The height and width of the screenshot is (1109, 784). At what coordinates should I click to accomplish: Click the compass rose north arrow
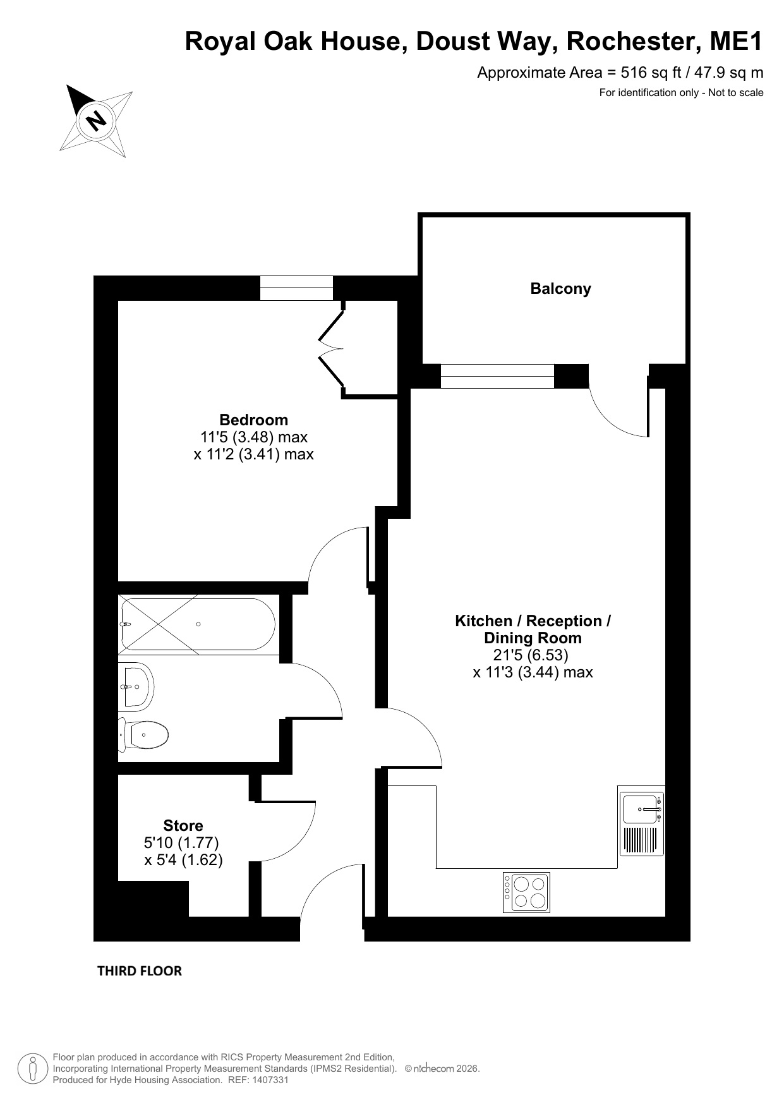click(x=96, y=121)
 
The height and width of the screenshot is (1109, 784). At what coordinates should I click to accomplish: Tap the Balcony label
click(x=560, y=289)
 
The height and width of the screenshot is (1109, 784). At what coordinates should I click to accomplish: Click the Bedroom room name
click(x=253, y=420)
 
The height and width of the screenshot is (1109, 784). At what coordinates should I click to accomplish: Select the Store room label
click(x=183, y=825)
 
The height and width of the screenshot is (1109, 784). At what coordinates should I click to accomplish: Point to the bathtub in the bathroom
click(x=198, y=624)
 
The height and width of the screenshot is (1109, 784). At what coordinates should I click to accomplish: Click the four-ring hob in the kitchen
click(x=526, y=892)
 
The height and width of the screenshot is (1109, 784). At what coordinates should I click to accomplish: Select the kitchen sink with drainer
click(x=642, y=824)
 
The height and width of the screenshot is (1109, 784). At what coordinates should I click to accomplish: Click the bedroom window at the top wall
click(x=296, y=288)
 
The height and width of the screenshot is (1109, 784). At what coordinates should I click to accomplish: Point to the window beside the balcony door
click(x=497, y=376)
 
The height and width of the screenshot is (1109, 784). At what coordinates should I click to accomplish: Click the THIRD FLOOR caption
click(x=140, y=971)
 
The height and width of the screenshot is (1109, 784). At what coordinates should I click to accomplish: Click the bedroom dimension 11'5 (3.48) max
click(x=254, y=437)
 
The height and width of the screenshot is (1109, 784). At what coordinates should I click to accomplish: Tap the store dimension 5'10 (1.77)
click(x=181, y=842)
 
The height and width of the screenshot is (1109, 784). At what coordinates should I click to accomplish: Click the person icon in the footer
click(x=32, y=1069)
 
